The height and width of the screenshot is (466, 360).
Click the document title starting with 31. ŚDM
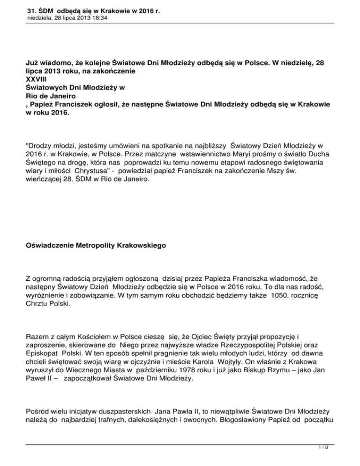tap(88, 8)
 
